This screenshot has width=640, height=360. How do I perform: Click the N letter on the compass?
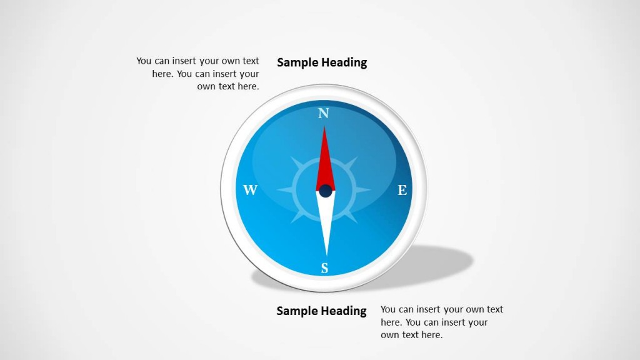click(x=323, y=113)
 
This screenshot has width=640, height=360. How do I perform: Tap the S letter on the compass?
click(x=324, y=269)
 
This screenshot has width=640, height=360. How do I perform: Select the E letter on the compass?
click(x=402, y=191)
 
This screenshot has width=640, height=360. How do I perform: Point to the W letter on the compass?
click(x=250, y=191)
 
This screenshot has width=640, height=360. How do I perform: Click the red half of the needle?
click(x=325, y=159)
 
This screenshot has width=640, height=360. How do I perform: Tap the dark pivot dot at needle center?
click(x=326, y=191)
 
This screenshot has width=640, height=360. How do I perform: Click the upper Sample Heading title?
click(x=322, y=62)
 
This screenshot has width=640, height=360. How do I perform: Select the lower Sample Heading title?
click(x=321, y=311)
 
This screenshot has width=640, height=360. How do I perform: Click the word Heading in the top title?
click(x=344, y=62)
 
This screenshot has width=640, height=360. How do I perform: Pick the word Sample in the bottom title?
click(x=297, y=311)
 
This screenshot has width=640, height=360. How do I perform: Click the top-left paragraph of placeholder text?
click(x=198, y=74)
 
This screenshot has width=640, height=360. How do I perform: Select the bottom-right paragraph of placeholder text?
click(x=441, y=322)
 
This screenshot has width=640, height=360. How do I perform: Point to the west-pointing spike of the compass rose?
click(x=284, y=190)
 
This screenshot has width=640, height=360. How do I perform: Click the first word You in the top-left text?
click(x=144, y=61)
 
